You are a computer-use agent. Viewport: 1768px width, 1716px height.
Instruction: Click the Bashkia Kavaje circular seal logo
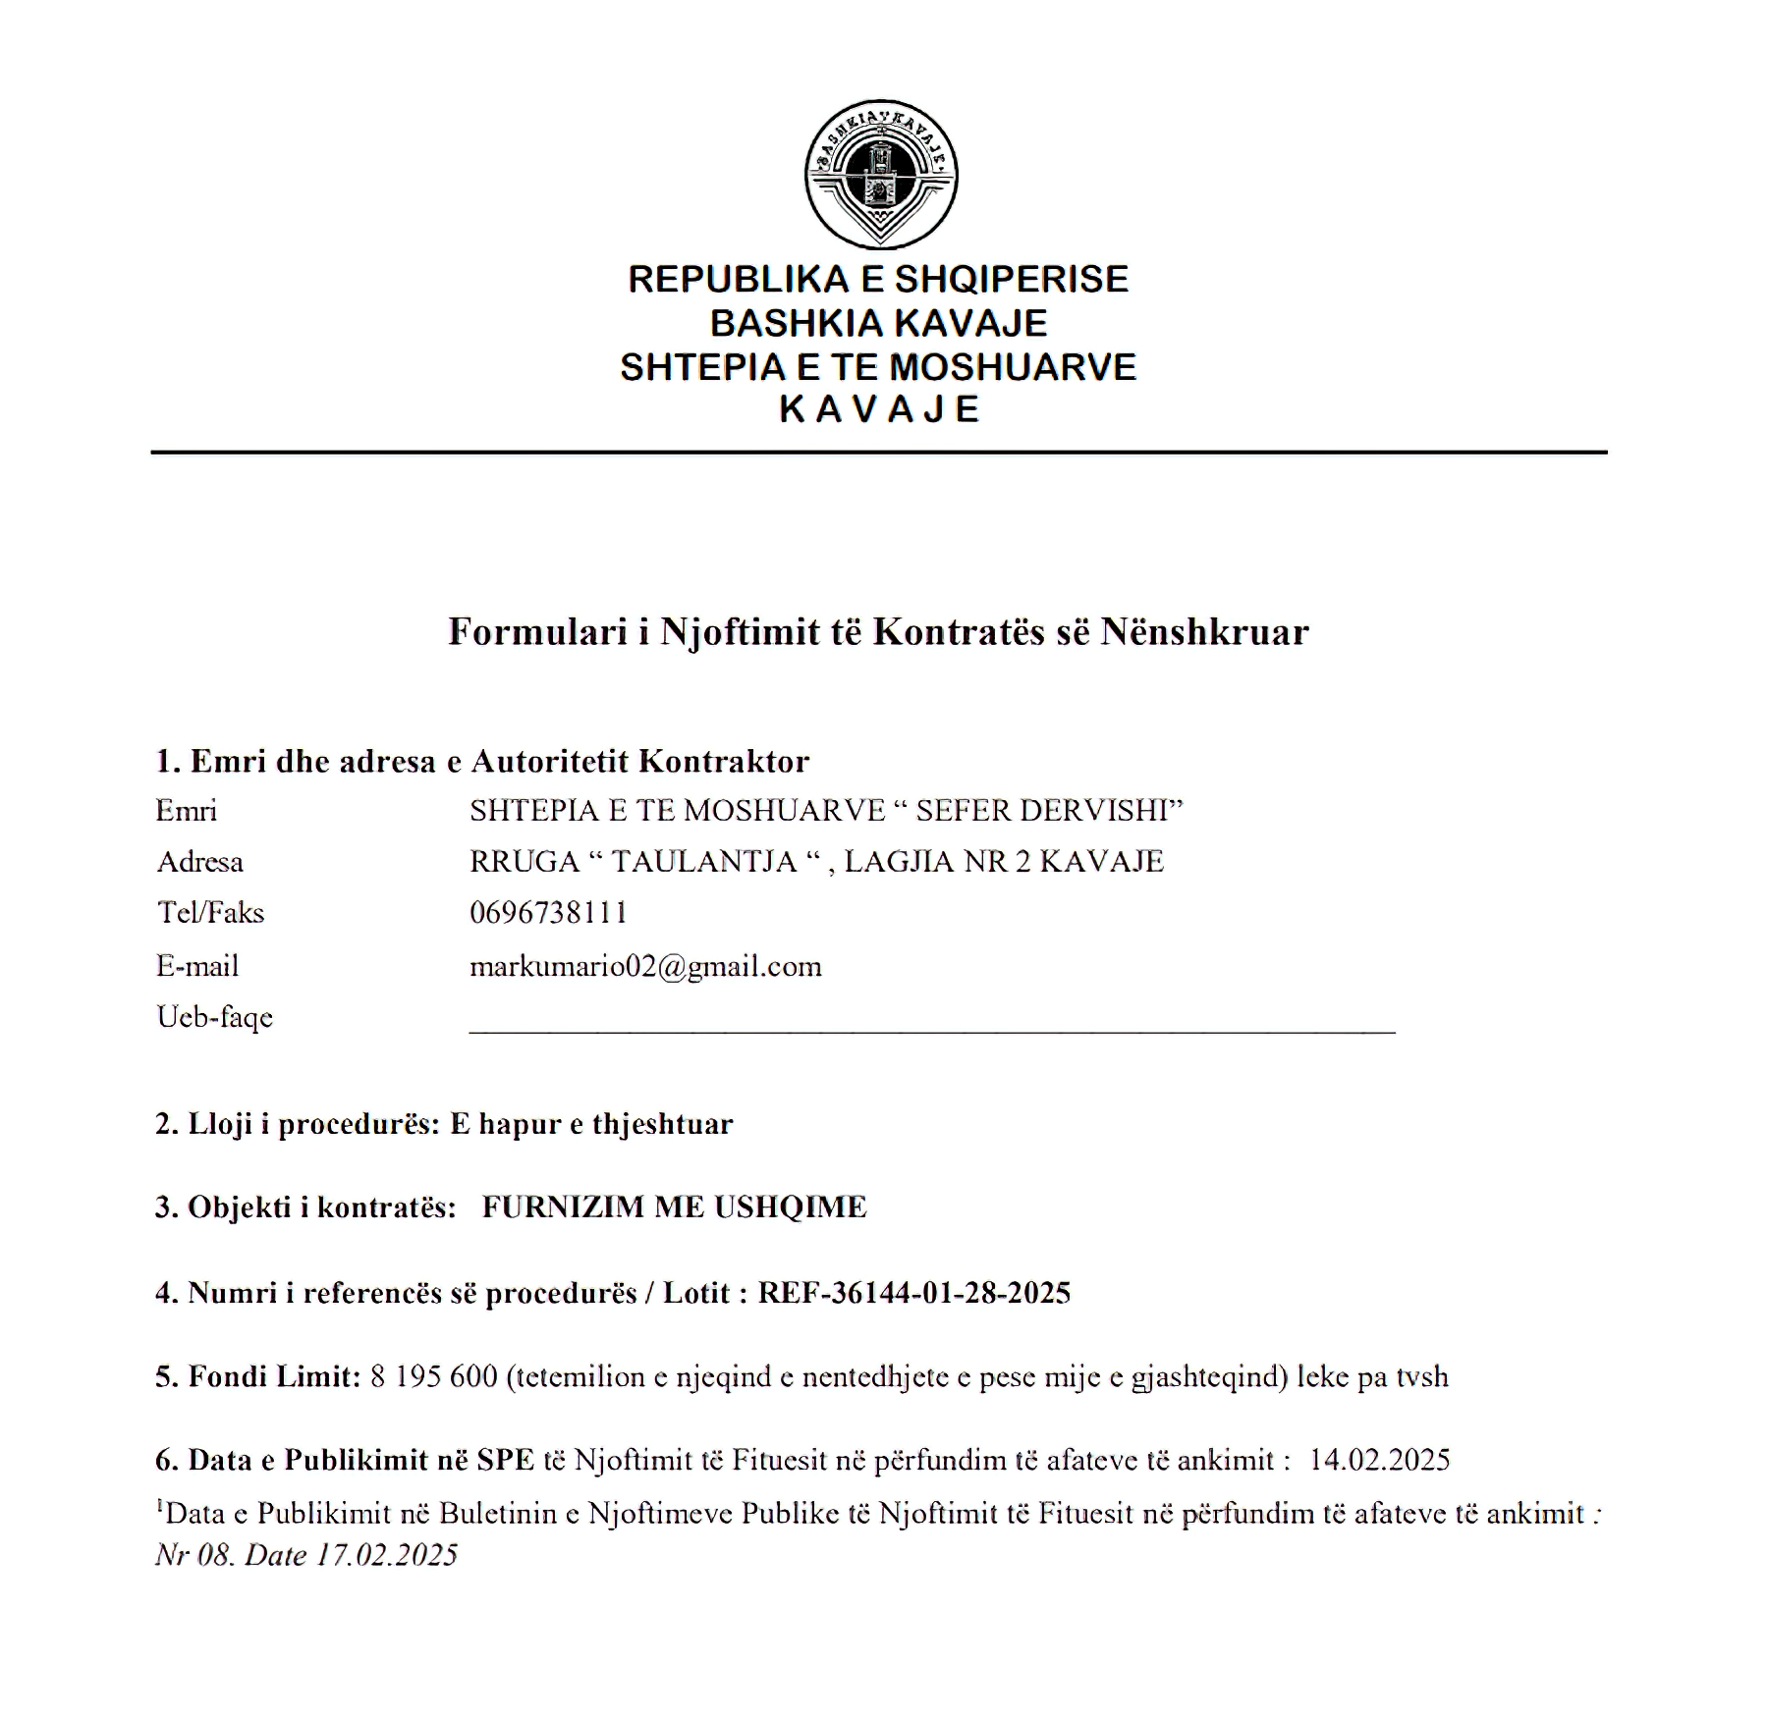coord(881,174)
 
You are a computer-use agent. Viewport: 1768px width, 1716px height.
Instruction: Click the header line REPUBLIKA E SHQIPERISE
coord(878,280)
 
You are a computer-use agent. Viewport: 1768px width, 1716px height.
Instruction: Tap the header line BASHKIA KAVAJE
coord(878,323)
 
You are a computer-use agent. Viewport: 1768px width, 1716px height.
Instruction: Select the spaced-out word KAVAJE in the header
coord(878,409)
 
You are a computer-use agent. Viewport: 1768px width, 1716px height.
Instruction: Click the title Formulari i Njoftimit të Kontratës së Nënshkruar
coord(878,631)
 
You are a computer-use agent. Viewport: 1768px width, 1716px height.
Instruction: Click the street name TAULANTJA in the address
coord(703,862)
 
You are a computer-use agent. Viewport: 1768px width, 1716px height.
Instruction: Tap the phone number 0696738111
coord(548,913)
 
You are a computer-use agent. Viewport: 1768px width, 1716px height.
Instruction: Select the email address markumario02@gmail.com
coord(645,967)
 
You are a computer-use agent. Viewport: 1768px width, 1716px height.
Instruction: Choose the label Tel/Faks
coord(210,913)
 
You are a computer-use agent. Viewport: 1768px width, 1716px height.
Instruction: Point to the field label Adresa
coord(199,862)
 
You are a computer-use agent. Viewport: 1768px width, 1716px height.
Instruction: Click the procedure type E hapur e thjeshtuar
coord(591,1124)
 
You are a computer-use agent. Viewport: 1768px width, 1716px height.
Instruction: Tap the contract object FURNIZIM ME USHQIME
coord(674,1207)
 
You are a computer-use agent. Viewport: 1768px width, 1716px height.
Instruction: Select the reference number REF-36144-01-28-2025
coord(913,1293)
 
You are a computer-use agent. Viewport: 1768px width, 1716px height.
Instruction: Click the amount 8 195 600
coord(434,1376)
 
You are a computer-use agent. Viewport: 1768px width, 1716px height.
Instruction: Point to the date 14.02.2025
coord(1379,1460)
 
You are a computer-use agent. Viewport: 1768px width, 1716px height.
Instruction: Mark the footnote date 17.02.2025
coord(387,1555)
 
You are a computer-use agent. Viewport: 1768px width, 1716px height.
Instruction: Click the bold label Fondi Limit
coord(267,1376)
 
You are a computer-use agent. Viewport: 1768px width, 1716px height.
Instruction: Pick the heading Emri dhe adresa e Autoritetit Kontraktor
coord(482,762)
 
